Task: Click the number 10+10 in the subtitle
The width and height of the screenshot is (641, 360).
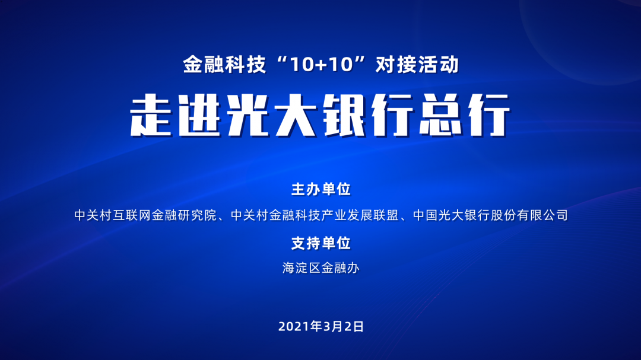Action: click(x=321, y=65)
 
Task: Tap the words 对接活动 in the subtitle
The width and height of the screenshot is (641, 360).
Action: click(x=417, y=65)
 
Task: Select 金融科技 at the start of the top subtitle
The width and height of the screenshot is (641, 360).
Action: click(x=224, y=65)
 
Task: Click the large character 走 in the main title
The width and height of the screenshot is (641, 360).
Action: click(x=151, y=115)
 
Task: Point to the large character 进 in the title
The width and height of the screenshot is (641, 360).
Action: click(x=199, y=115)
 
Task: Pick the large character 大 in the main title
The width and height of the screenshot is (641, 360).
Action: click(x=296, y=115)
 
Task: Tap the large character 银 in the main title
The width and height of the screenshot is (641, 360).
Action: click(x=344, y=115)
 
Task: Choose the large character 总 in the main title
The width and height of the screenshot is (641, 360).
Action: click(x=440, y=115)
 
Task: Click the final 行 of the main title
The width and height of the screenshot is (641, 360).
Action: click(x=489, y=115)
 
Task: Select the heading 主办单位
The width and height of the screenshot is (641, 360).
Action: click(x=321, y=189)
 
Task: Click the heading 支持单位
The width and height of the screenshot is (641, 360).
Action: click(x=321, y=243)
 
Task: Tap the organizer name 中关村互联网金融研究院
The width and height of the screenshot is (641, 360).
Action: click(x=145, y=215)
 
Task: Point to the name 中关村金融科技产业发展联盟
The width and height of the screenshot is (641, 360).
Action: click(x=315, y=215)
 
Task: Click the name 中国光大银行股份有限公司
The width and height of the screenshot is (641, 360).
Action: click(x=491, y=215)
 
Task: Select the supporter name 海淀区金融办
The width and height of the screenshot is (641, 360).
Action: click(x=321, y=268)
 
